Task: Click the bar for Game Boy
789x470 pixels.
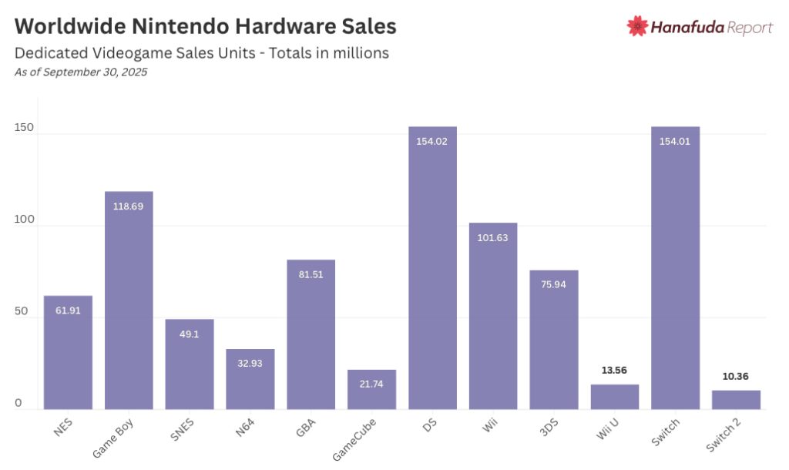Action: click(129, 300)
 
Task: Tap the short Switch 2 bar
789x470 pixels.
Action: click(736, 400)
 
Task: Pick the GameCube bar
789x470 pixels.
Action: click(371, 390)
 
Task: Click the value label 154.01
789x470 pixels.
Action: click(675, 141)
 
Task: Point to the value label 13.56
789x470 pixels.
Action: click(615, 371)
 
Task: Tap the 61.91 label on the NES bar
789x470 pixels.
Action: click(68, 311)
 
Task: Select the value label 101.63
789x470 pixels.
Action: click(493, 237)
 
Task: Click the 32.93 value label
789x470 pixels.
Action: click(250, 363)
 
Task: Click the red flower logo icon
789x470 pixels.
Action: click(637, 26)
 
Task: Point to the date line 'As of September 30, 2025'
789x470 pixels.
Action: click(81, 72)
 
